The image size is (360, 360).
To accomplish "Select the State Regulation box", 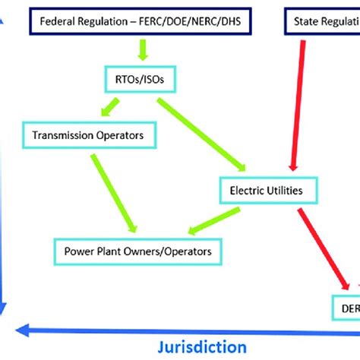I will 323,24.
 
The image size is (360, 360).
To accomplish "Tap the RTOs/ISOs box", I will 135,78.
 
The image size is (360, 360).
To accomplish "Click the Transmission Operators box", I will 95,137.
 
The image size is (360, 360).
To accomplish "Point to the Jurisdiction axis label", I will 203,346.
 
